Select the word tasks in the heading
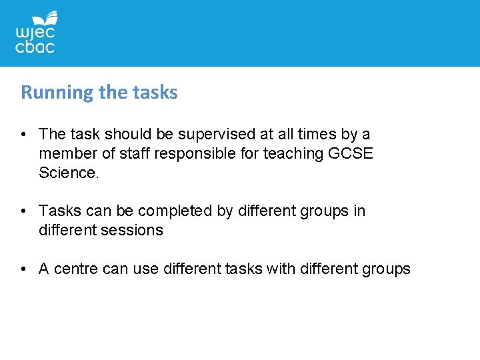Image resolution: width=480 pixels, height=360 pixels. [158, 93]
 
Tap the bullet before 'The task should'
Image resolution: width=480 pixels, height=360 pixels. [23, 135]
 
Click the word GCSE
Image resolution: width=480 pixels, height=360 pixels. [351, 154]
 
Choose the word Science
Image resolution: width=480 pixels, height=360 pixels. [69, 173]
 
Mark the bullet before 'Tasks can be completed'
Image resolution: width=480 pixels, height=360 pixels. [23, 211]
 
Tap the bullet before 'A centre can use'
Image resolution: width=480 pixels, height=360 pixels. [23, 269]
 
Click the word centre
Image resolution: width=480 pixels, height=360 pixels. [75, 269]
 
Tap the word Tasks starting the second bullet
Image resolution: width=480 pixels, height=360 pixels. [59, 211]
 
